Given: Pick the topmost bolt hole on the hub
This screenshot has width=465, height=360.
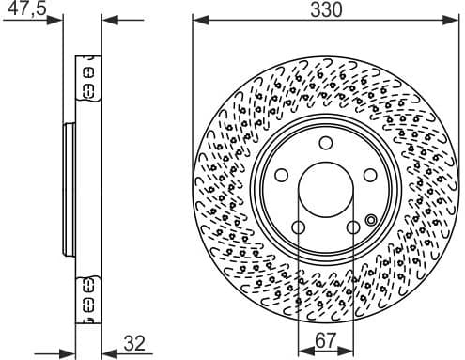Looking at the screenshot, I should [x=325, y=144].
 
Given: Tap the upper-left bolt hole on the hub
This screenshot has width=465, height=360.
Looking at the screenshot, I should [x=283, y=175].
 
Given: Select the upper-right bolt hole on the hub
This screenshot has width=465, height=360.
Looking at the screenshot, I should [x=368, y=175].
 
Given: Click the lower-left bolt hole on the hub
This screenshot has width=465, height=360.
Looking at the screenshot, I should [x=299, y=227].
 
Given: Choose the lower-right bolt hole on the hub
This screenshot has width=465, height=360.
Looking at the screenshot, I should [x=352, y=227].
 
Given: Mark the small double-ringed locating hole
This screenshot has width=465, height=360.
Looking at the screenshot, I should [x=370, y=221].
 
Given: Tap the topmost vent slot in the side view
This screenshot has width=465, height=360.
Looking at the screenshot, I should [x=89, y=70].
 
